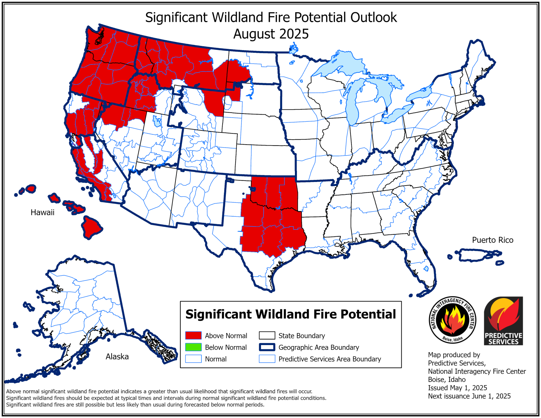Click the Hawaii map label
42,212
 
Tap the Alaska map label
117,357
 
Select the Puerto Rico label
492,240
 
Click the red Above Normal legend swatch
193,335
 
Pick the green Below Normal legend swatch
193,347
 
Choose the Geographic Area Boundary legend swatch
267,347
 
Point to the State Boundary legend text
302,336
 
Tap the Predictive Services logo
503,321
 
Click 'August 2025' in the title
271,34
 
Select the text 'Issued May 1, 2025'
457,388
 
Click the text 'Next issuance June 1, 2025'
469,396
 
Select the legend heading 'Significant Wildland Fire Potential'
290,314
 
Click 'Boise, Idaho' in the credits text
447,380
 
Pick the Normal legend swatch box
193,359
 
